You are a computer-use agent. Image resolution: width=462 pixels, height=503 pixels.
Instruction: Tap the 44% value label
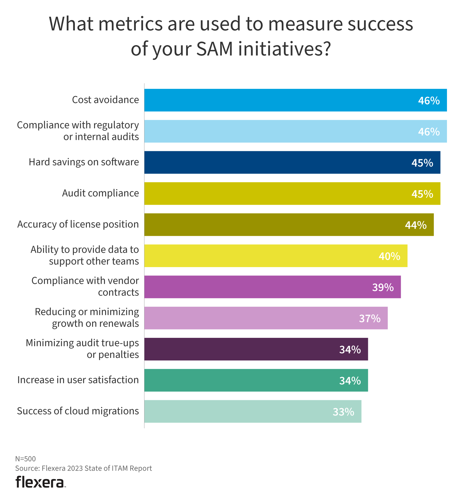[x=416, y=225]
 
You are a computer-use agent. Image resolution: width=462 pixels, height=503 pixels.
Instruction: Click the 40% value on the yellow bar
[x=389, y=256]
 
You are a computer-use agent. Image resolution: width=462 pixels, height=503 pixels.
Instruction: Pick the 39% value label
[x=383, y=287]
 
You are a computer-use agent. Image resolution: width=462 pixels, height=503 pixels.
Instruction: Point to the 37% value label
[x=370, y=318]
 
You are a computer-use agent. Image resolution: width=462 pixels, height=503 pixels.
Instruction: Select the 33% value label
[x=343, y=412]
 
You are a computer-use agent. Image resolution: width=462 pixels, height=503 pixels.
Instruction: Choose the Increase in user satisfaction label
[x=78, y=380]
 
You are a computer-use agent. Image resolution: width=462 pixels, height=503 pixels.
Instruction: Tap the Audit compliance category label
[x=100, y=193]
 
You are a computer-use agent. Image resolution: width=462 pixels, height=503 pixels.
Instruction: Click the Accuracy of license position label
[x=78, y=224]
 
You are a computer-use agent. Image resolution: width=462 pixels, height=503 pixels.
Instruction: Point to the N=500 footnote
[x=25, y=459]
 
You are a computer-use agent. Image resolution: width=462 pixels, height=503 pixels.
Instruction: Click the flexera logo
[x=40, y=482]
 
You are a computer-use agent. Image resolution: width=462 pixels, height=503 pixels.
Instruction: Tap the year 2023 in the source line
[x=75, y=468]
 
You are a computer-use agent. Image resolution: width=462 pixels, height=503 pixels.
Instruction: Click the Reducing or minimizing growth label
[x=87, y=318]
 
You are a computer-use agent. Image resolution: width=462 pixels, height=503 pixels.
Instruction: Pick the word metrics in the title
[x=130, y=24]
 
